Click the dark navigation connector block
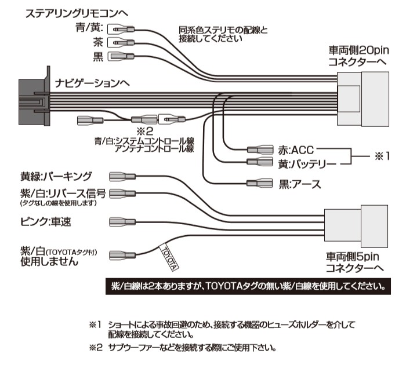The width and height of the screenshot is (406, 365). (x=31, y=98)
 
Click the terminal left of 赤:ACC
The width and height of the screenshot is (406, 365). (x=259, y=149)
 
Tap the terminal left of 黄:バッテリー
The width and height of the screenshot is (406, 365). (x=259, y=163)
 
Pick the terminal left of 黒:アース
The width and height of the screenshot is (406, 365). (x=259, y=183)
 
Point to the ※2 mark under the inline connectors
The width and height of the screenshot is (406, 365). (x=144, y=131)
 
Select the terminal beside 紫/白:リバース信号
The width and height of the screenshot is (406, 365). (x=123, y=193)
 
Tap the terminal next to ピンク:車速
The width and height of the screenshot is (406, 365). (x=123, y=222)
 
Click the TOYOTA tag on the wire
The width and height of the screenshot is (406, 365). (x=169, y=257)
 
